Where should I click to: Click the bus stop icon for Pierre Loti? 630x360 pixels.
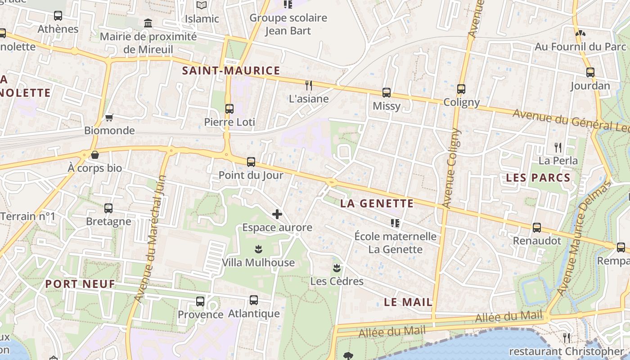(229, 108)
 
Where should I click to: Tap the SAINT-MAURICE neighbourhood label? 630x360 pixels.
(231, 71)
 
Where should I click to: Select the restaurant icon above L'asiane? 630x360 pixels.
(308, 85)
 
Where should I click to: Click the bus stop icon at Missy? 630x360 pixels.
(386, 93)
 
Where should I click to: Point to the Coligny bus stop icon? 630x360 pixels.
(461, 89)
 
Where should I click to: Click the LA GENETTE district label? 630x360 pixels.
(377, 203)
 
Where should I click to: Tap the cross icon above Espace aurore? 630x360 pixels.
(277, 214)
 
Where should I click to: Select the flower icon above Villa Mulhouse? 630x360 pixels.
(258, 249)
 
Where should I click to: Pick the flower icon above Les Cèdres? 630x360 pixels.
(337, 268)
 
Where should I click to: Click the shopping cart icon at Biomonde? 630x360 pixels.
(109, 118)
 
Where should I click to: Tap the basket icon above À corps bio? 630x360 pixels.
(95, 155)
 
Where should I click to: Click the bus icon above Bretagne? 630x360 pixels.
(108, 208)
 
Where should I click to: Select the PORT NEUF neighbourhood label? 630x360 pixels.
(80, 284)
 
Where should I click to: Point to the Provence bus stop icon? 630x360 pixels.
(200, 301)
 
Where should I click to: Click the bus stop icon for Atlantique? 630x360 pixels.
(254, 300)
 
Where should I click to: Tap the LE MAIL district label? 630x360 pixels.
(408, 302)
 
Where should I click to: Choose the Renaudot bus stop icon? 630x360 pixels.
(537, 228)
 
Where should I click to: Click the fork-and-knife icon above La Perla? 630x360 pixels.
(558, 147)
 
